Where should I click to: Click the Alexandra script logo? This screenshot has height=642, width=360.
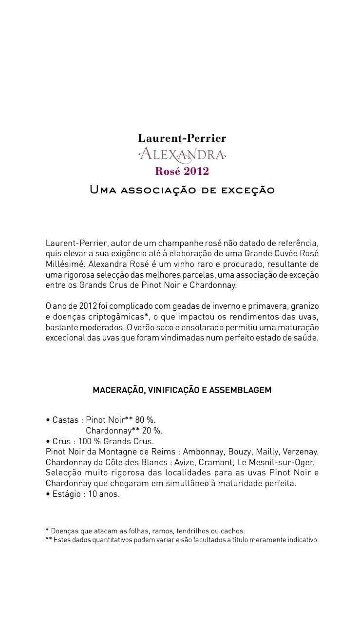[182, 155]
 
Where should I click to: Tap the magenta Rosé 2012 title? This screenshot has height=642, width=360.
[182, 171]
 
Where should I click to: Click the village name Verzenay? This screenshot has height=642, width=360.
[301, 452]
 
